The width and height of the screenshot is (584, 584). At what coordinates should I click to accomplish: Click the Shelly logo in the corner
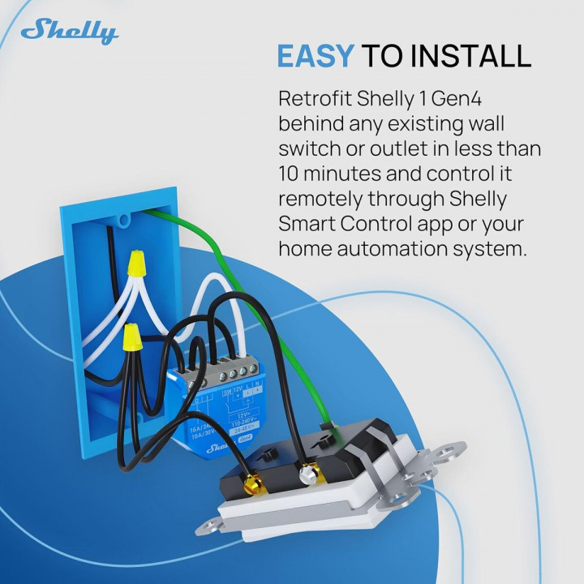70,32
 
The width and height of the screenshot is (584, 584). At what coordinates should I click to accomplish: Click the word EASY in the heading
315,56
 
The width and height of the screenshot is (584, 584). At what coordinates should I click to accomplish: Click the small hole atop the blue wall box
123,217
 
